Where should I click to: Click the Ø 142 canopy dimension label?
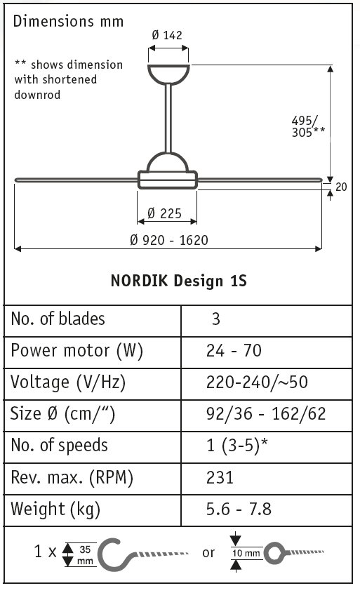pyautogui.click(x=168, y=36)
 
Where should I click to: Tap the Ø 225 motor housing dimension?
pyautogui.click(x=166, y=214)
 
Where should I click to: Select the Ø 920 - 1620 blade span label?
pyautogui.click(x=169, y=240)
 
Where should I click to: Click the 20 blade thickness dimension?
pyautogui.click(x=341, y=187)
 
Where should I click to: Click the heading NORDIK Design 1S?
pyautogui.click(x=179, y=281)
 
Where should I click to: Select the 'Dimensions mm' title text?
pyautogui.click(x=69, y=21)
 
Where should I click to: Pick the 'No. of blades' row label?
pyautogui.click(x=58, y=319)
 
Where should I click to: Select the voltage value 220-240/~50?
pyautogui.click(x=257, y=382)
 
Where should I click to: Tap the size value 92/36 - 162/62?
pyautogui.click(x=266, y=414)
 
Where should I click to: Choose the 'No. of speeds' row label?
pyautogui.click(x=60, y=446)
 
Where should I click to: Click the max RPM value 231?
pyautogui.click(x=220, y=478)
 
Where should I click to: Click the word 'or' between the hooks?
pyautogui.click(x=208, y=553)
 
